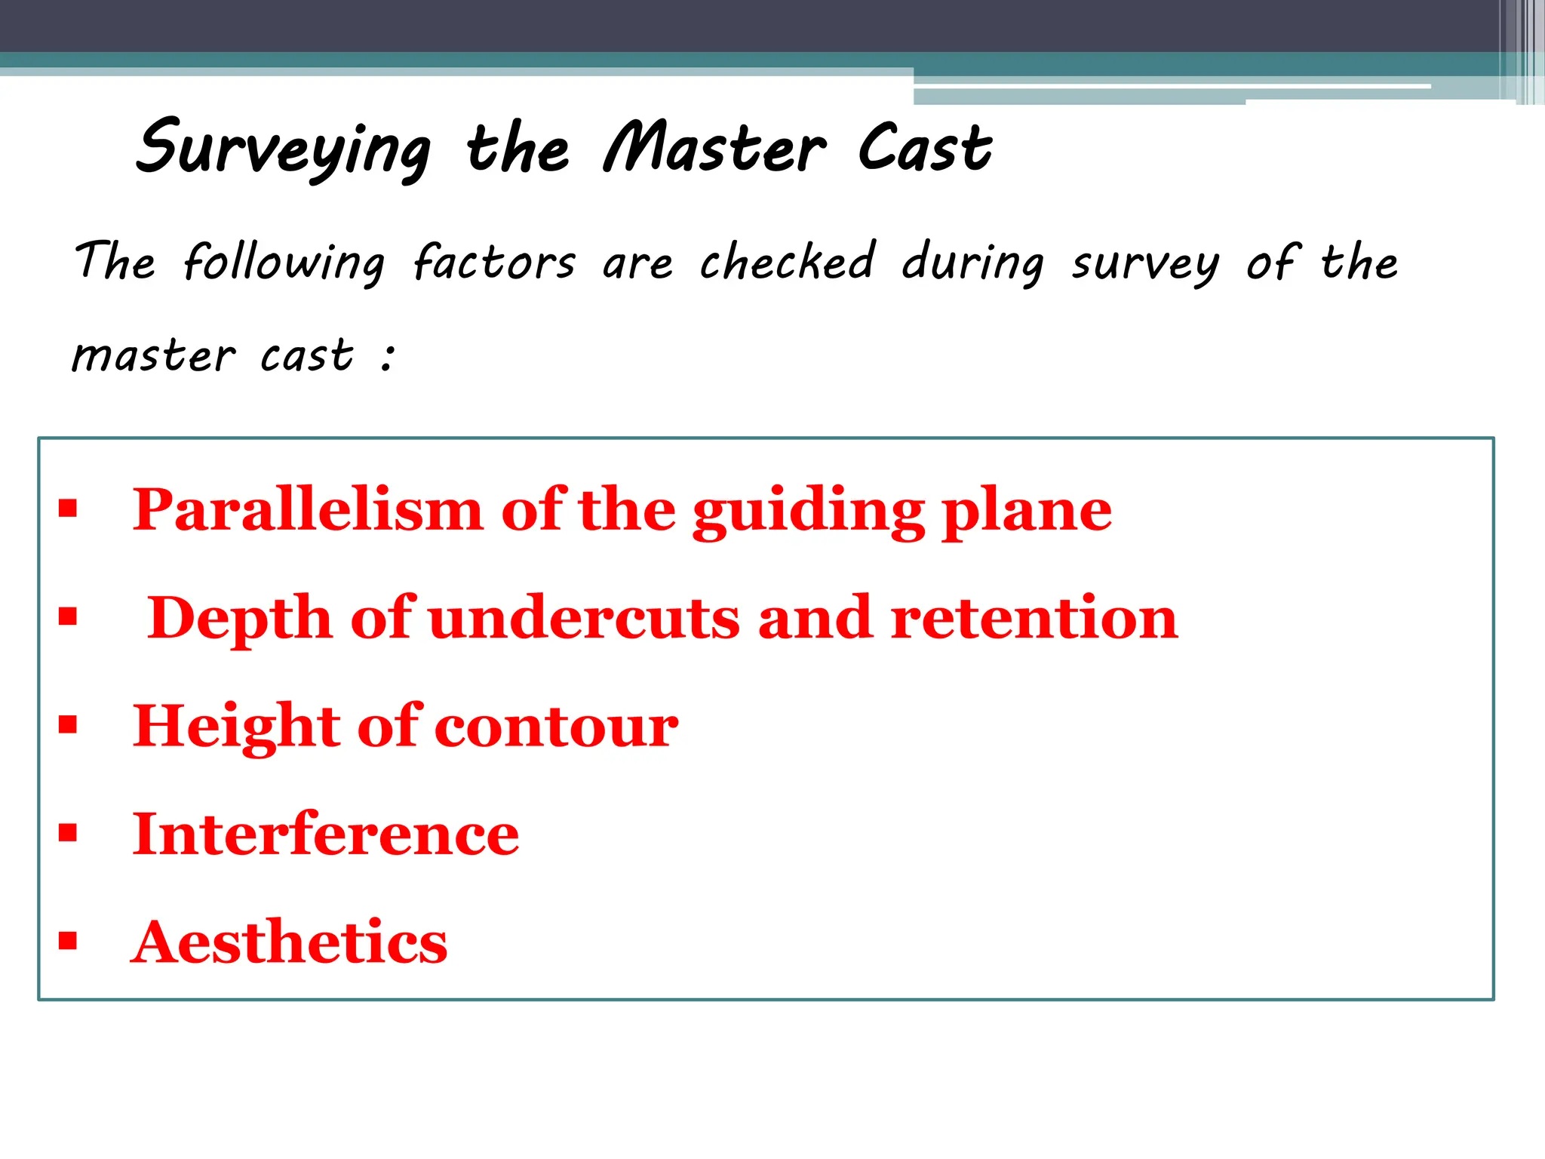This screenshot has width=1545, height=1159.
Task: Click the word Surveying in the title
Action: coord(284,149)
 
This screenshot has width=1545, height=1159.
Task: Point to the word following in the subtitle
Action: coord(284,263)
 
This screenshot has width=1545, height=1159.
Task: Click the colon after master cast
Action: coord(388,356)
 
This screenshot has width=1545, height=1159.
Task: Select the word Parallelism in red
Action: coord(308,510)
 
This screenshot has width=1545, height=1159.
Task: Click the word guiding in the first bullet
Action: coord(809,513)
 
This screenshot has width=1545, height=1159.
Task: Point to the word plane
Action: coord(1027,513)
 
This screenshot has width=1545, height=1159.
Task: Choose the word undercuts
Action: coord(584,619)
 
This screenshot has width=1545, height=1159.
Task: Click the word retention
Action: coord(1034,619)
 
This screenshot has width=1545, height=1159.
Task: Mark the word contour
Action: coord(557,727)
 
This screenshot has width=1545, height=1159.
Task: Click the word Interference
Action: coord(326,835)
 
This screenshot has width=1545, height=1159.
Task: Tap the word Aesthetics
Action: coord(290,942)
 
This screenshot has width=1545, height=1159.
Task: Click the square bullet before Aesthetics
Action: coord(68,941)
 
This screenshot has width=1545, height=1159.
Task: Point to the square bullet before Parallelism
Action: coord(68,509)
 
